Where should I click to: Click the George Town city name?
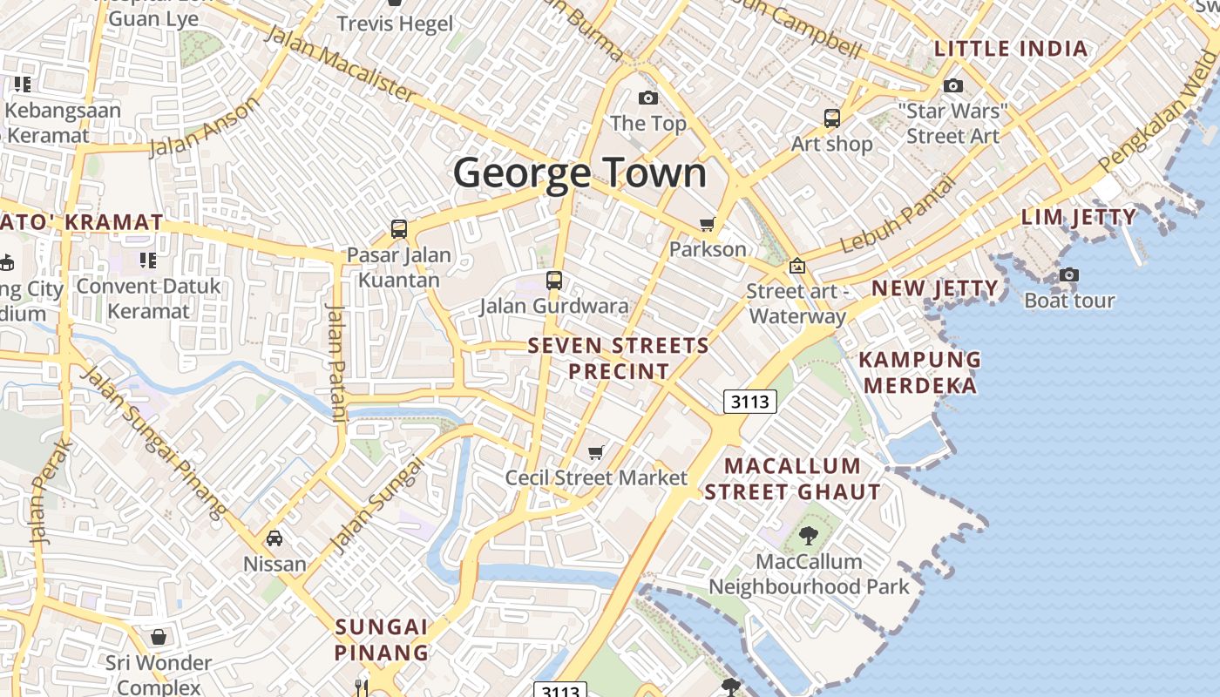tap(579, 173)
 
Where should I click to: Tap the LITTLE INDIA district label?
tap(1011, 49)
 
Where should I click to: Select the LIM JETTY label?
tap(1079, 217)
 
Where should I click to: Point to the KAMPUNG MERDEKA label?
tap(919, 372)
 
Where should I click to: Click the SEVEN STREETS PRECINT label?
tap(619, 358)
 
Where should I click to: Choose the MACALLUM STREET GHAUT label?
tap(792, 478)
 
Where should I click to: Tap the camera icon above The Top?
tap(647, 98)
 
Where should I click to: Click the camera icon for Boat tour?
tap(1069, 275)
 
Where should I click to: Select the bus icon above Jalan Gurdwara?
tap(554, 281)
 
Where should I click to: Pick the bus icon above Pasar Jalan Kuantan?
tap(399, 229)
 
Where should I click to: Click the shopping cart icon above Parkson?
tap(708, 225)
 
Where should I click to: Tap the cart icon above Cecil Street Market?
tap(596, 452)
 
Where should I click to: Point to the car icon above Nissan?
tap(274, 538)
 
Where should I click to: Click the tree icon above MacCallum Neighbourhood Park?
tap(809, 536)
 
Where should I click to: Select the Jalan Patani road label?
tap(336, 366)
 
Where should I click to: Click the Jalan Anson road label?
tap(206, 127)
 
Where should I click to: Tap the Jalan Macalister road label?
tap(340, 63)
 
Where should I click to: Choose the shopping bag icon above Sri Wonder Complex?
tap(159, 637)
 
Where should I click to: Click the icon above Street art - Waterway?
tap(796, 267)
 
